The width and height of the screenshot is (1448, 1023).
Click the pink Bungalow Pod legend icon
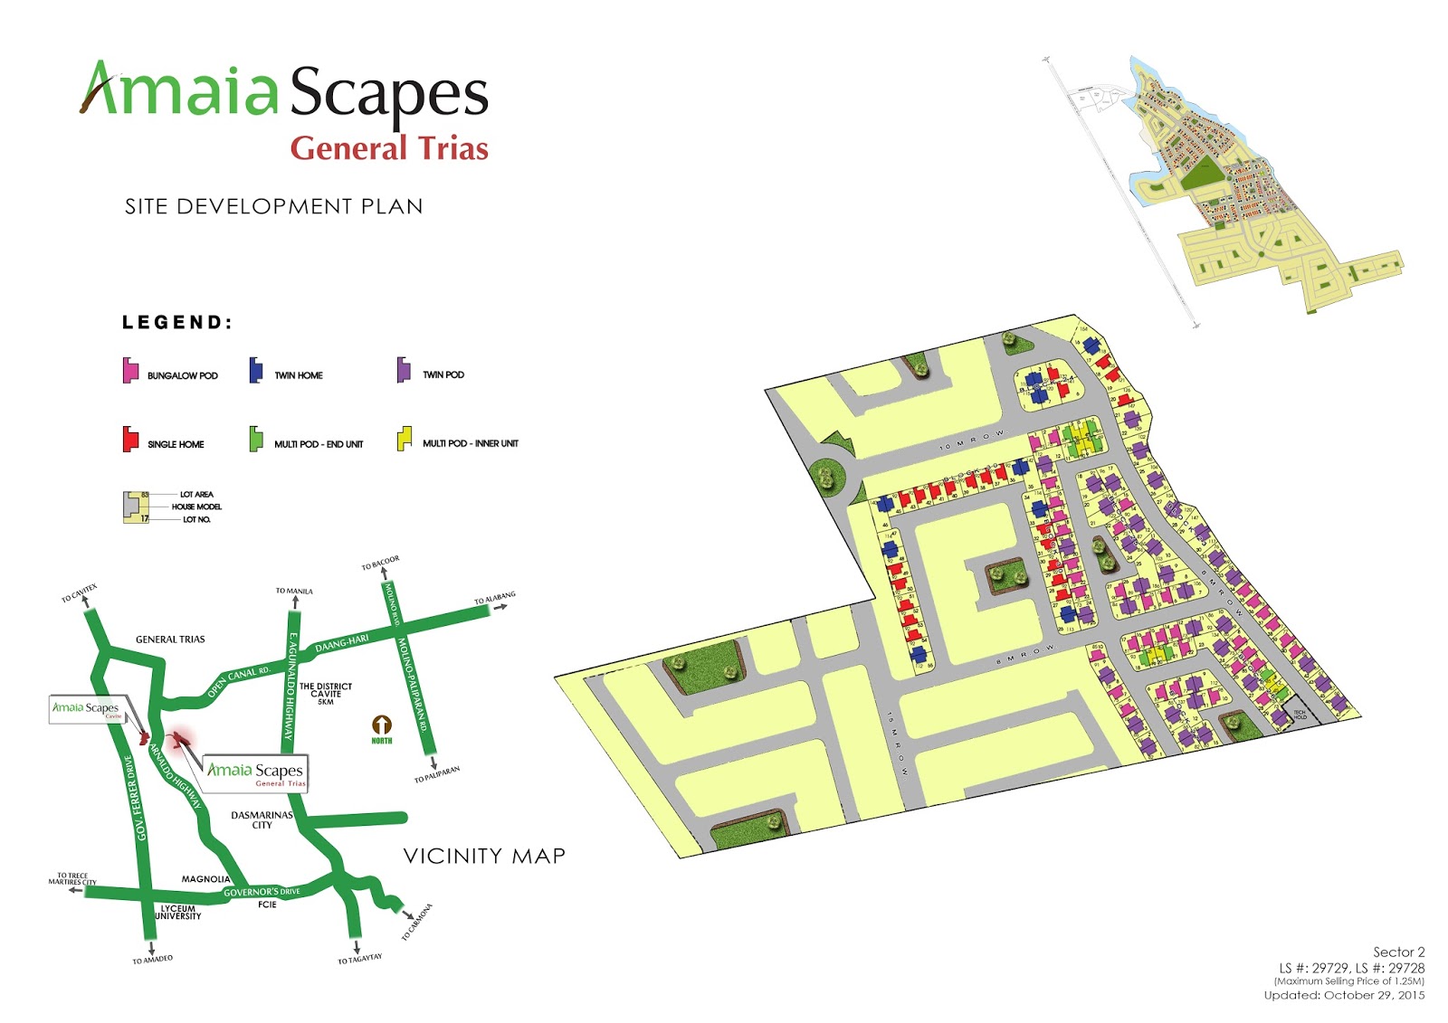point(130,371)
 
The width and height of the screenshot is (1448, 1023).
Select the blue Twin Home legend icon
point(256,371)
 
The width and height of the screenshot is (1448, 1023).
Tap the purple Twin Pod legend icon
point(404,370)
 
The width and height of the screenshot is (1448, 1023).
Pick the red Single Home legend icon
point(130,440)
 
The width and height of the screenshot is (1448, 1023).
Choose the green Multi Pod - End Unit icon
point(256,440)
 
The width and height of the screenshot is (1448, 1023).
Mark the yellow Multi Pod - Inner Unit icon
point(404,440)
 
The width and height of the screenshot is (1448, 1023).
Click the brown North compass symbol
point(382,725)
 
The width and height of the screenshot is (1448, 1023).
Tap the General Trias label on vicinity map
point(170,639)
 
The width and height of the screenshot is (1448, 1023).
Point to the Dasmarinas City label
point(262,819)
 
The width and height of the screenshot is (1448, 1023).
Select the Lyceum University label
point(178,912)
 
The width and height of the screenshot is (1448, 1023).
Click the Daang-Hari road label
point(342,643)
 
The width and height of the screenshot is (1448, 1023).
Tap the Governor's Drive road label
point(262,892)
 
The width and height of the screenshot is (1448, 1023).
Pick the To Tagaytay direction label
point(360,959)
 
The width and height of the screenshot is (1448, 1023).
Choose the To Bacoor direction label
point(380,564)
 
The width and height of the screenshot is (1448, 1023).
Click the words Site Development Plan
point(273,207)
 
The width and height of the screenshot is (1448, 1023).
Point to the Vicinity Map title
point(484,856)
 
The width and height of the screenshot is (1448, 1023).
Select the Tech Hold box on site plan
point(1300,715)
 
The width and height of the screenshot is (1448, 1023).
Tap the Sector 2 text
point(1398,952)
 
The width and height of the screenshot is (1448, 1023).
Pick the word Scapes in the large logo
point(389,93)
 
